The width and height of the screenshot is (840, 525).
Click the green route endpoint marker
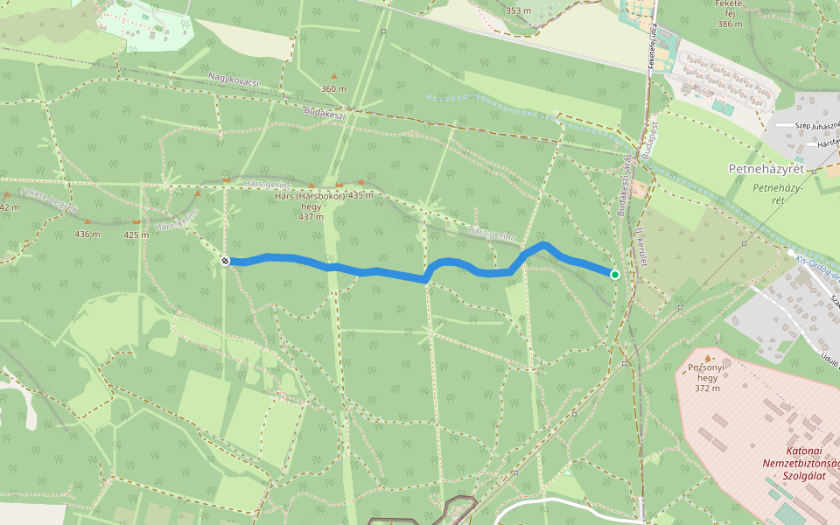614,275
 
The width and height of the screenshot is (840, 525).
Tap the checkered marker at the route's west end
226,261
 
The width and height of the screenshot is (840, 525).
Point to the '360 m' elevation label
333,89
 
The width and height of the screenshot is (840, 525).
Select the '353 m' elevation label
518,10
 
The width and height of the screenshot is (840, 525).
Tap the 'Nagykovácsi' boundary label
234,80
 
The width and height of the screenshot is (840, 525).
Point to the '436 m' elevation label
87,234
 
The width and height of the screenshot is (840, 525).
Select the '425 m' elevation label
136,234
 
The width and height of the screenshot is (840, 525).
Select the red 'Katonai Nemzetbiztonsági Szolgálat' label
798,463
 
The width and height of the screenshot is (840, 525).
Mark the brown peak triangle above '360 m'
333,76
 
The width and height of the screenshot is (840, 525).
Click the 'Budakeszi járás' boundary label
625,185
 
